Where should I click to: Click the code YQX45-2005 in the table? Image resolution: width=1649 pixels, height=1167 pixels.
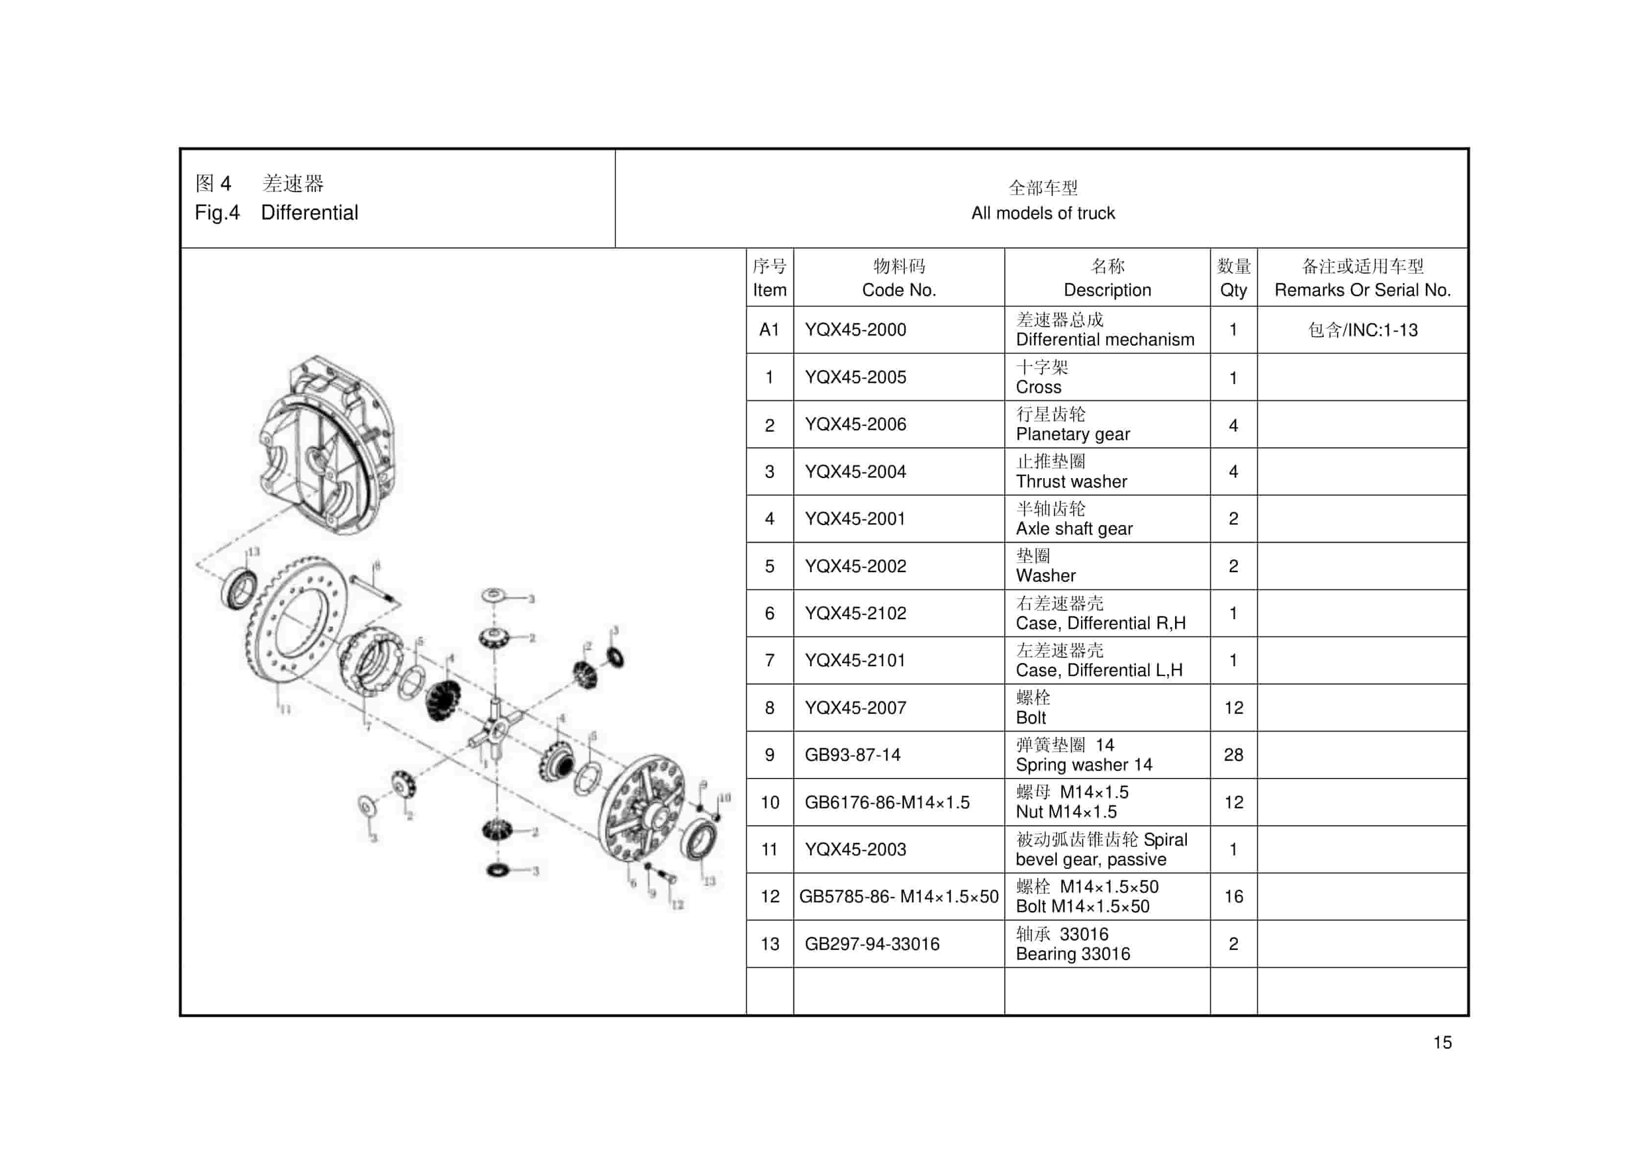click(855, 377)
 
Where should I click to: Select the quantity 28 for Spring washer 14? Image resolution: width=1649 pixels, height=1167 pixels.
click(1233, 754)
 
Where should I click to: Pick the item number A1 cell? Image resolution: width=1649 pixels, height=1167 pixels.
click(769, 330)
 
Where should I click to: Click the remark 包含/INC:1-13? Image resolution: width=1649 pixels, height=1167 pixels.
click(1363, 330)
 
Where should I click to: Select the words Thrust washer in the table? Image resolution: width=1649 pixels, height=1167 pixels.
click(1071, 482)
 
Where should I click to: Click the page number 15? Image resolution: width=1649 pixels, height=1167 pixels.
click(1442, 1043)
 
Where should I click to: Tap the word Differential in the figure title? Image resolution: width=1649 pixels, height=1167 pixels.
click(309, 213)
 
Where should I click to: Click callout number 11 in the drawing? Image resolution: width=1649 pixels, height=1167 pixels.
click(285, 709)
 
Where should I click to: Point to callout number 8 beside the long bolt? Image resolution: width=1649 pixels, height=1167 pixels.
click(377, 566)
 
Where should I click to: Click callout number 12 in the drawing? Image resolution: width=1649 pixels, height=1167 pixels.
click(677, 905)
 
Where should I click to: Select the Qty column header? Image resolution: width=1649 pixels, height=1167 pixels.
click(1233, 290)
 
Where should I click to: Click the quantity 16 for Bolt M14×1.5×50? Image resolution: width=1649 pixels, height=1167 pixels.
click(1233, 896)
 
